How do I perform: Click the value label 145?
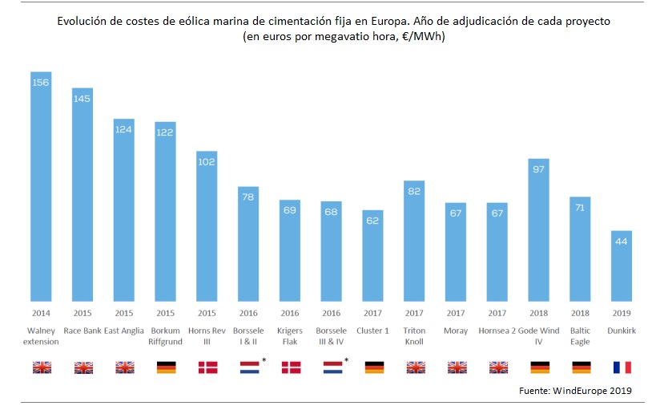click(x=83, y=99)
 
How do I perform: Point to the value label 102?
click(x=207, y=161)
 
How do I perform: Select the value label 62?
click(x=372, y=220)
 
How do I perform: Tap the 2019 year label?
click(x=621, y=314)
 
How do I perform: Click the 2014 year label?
click(x=41, y=314)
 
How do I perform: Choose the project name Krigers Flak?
click(x=290, y=335)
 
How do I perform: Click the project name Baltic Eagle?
click(x=580, y=335)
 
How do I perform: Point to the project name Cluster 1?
click(x=372, y=330)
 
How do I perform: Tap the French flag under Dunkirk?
click(x=621, y=367)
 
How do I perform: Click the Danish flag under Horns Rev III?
click(x=207, y=367)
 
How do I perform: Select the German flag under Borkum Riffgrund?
click(x=165, y=367)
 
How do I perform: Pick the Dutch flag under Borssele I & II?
click(x=248, y=367)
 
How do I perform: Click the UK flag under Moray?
click(x=456, y=367)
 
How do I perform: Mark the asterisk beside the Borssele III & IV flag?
click(x=346, y=360)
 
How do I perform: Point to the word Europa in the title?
click(x=348, y=22)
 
